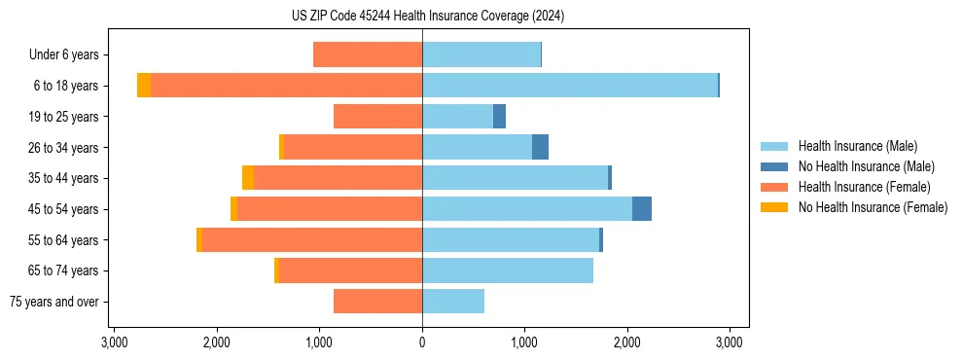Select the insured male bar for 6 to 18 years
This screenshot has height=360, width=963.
pos(569,86)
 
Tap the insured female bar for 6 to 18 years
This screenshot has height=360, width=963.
pos(286,86)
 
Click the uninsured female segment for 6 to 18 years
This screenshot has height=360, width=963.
pos(144,86)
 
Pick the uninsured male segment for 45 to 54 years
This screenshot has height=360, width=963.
pos(641,209)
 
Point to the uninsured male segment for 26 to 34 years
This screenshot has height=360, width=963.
pos(540,147)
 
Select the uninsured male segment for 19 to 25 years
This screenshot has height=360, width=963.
pos(499,117)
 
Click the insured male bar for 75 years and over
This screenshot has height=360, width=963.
pos(453,302)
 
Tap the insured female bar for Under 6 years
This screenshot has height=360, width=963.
pos(368,54)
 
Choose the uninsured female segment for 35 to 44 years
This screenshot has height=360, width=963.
pos(248,178)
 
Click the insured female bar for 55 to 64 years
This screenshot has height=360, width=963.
pos(312,240)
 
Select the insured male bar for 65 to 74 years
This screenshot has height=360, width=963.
pos(508,270)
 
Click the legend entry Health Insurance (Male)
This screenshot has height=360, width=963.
pos(857,146)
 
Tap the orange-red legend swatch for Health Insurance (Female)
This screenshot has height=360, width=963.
pos(775,187)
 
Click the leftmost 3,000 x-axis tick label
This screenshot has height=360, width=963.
pos(114,342)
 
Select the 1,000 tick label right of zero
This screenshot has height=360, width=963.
pos(524,342)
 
